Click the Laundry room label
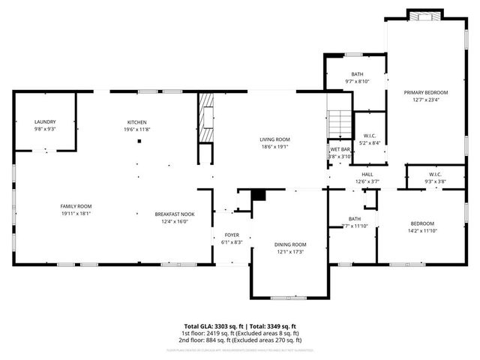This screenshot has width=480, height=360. pos(45,121)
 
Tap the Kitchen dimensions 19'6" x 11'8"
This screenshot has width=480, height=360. pos(136,130)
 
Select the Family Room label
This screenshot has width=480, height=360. pos(76,206)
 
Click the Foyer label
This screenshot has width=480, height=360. pos(232,235)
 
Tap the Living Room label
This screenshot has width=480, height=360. pos(274,139)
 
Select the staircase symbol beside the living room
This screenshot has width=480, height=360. pos(340,123)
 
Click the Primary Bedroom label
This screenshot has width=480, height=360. pos(424,92)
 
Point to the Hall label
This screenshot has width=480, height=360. pos(367,174)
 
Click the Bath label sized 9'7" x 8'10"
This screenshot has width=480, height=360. pos(357,74)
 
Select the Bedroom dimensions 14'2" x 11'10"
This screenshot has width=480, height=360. pos(421,231)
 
